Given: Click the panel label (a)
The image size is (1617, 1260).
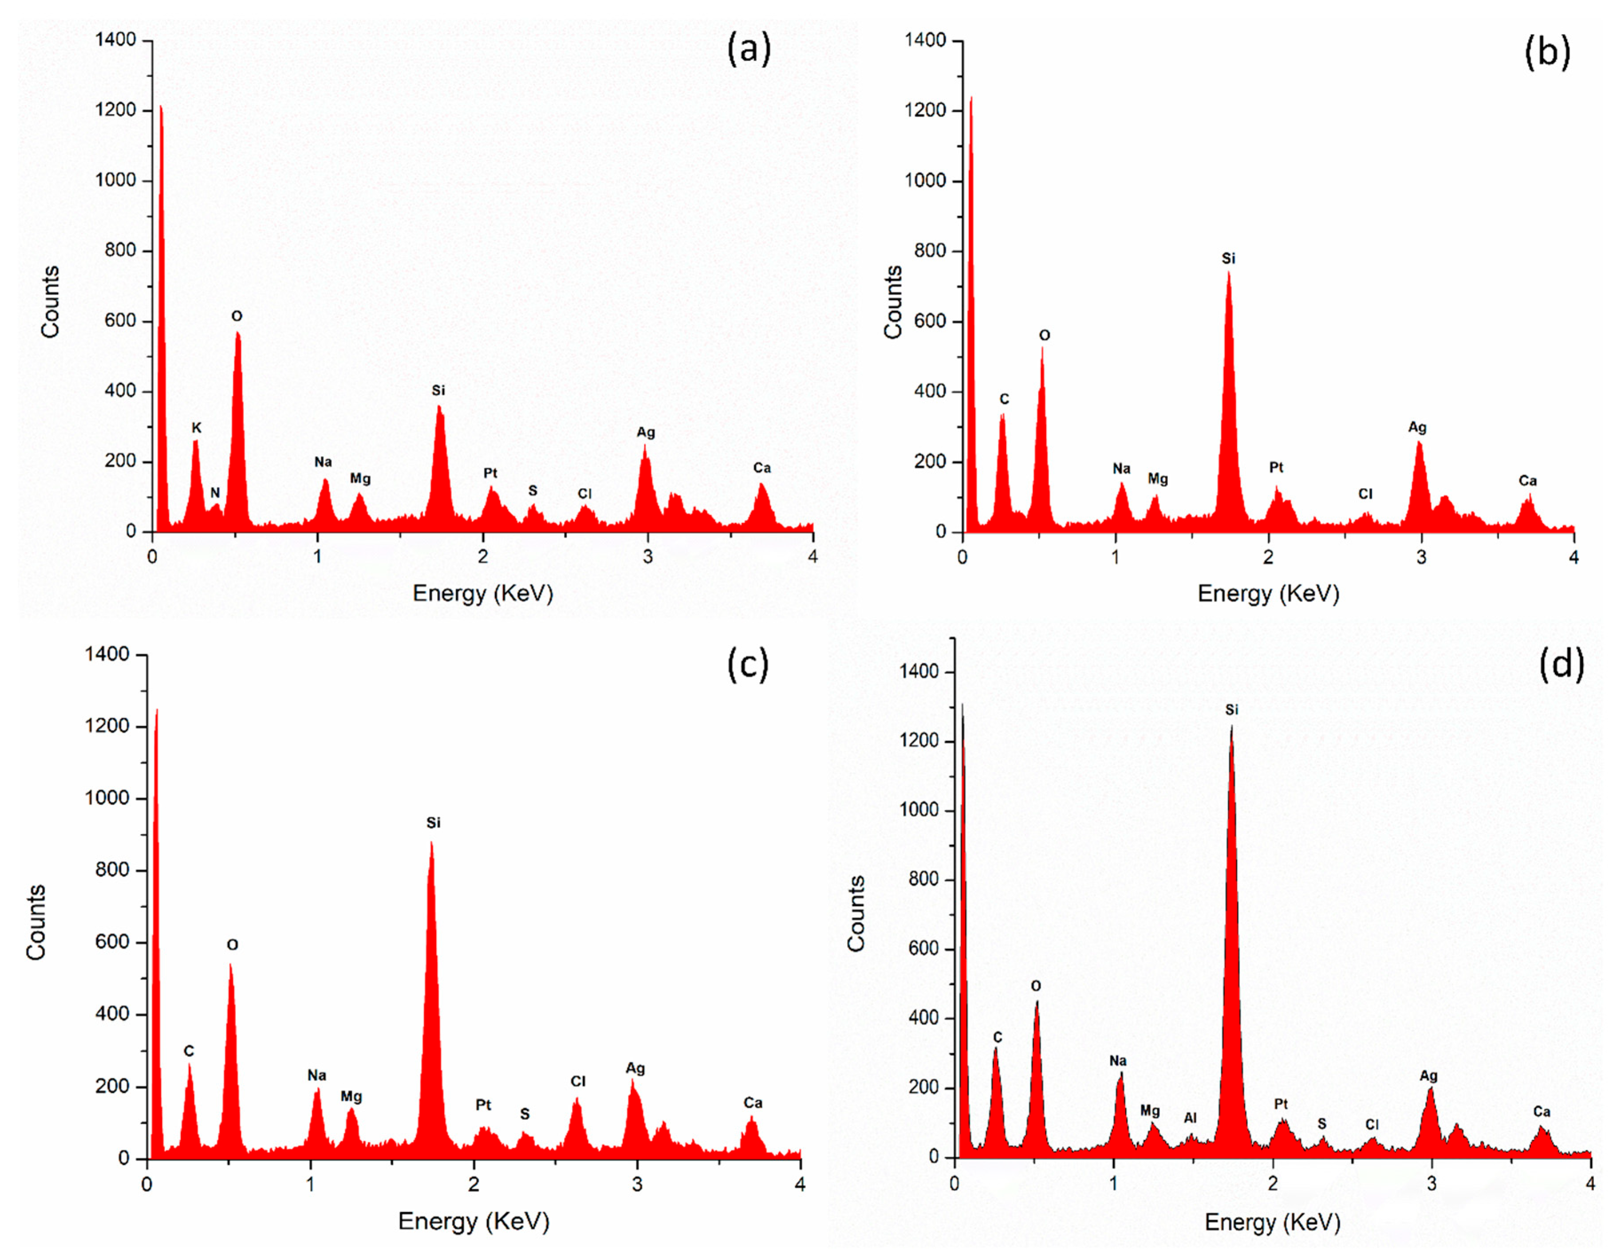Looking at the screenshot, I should coord(749,50).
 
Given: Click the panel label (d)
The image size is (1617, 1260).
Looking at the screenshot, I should coord(1561,664).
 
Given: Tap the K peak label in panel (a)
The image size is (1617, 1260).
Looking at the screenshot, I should coord(196,428).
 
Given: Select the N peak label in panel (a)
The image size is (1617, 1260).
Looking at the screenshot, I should coord(215,493).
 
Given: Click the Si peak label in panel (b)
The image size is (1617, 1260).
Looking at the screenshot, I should coord(1228,258).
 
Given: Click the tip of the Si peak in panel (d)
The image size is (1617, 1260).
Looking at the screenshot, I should coord(1231,728).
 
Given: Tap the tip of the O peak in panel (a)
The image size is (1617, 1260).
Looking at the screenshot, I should coord(238,333).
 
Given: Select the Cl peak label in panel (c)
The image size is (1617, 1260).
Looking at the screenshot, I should coord(577,1082).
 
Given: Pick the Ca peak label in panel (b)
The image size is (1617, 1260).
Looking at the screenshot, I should coord(1527,481).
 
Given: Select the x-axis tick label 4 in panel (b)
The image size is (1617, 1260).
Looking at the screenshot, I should coord(1574,557).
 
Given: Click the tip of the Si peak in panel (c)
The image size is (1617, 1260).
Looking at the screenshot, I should coord(432,843).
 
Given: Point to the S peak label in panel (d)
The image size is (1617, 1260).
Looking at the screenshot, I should coord(1321,1124).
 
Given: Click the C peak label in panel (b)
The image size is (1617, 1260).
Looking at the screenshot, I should coord(1004,399).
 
